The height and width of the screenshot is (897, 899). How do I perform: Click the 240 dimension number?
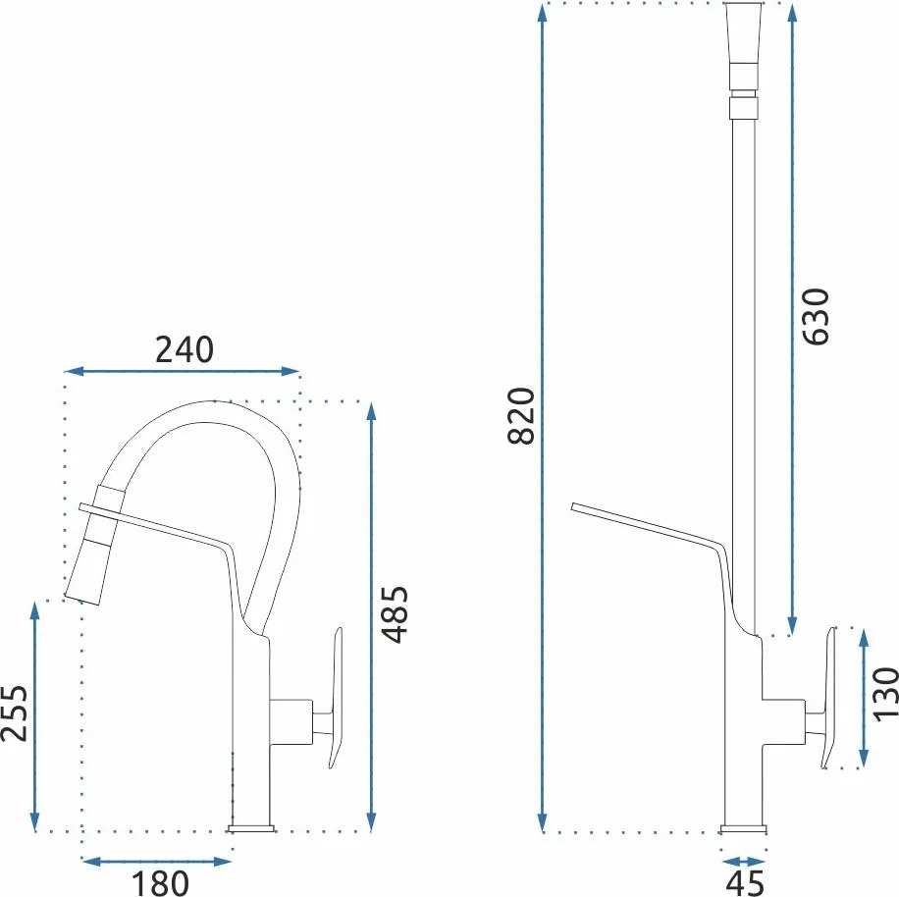185,349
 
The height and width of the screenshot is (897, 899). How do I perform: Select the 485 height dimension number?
396,614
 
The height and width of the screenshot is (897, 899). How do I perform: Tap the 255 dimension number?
14,713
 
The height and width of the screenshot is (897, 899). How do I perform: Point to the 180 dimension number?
160,883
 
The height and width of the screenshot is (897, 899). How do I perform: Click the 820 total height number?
521,416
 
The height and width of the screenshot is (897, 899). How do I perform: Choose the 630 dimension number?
816,316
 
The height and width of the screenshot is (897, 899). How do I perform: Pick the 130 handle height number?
885,694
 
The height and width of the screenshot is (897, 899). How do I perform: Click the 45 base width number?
745,882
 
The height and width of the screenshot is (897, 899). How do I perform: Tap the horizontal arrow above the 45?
743,862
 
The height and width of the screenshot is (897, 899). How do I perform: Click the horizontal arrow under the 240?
183,371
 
